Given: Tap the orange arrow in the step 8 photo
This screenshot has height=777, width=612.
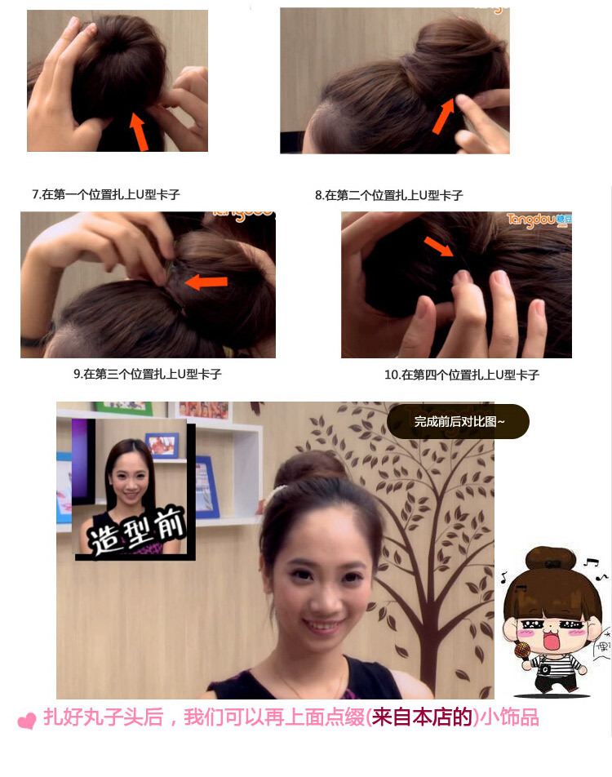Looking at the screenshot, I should pos(443,116).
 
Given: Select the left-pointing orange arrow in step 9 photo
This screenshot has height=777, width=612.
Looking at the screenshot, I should pos(205,282).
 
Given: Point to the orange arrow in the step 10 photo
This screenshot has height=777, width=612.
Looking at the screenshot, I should pos(440,245).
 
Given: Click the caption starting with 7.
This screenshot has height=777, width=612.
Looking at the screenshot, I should pos(106,194).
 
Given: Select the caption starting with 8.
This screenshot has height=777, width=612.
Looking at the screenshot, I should pos(389,195).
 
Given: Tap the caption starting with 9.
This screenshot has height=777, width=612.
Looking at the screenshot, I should pos(148,374).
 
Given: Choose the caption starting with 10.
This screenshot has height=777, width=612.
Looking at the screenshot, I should pos(462,375).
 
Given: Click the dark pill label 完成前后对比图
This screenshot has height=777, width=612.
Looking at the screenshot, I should pos(459,421).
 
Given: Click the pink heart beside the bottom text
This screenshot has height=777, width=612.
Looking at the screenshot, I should pos(27,721).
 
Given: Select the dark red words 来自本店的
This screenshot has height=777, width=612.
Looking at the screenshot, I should pos(423,718).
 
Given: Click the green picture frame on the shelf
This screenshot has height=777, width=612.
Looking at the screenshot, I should pos(122,407).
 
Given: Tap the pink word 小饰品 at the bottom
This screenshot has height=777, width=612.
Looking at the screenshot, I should pos(510,718).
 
